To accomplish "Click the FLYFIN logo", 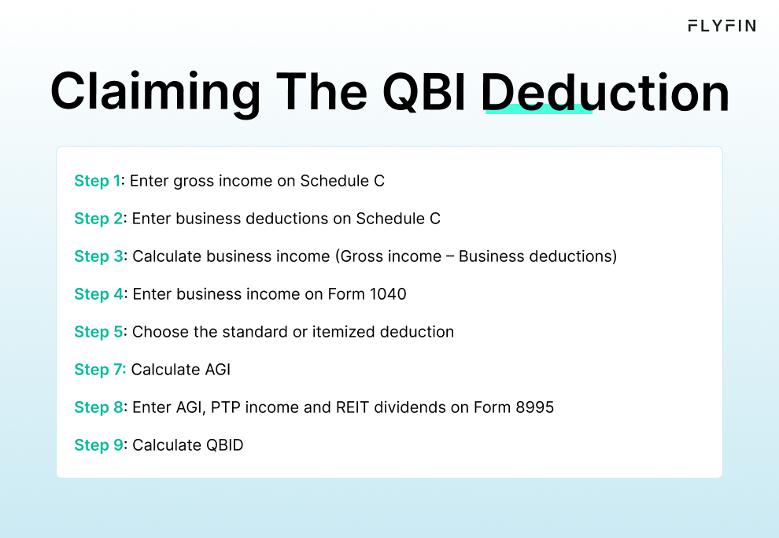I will point(722,26).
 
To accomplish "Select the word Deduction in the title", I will point(604,92).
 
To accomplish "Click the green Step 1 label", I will point(98,181).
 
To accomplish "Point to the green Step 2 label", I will point(98,219).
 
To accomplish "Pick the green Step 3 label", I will point(98,256).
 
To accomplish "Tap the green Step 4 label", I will point(98,294).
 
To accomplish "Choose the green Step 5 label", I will point(98,332).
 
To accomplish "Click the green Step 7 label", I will point(99,370).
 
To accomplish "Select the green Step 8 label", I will point(98,407).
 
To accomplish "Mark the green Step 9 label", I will point(98,445).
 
